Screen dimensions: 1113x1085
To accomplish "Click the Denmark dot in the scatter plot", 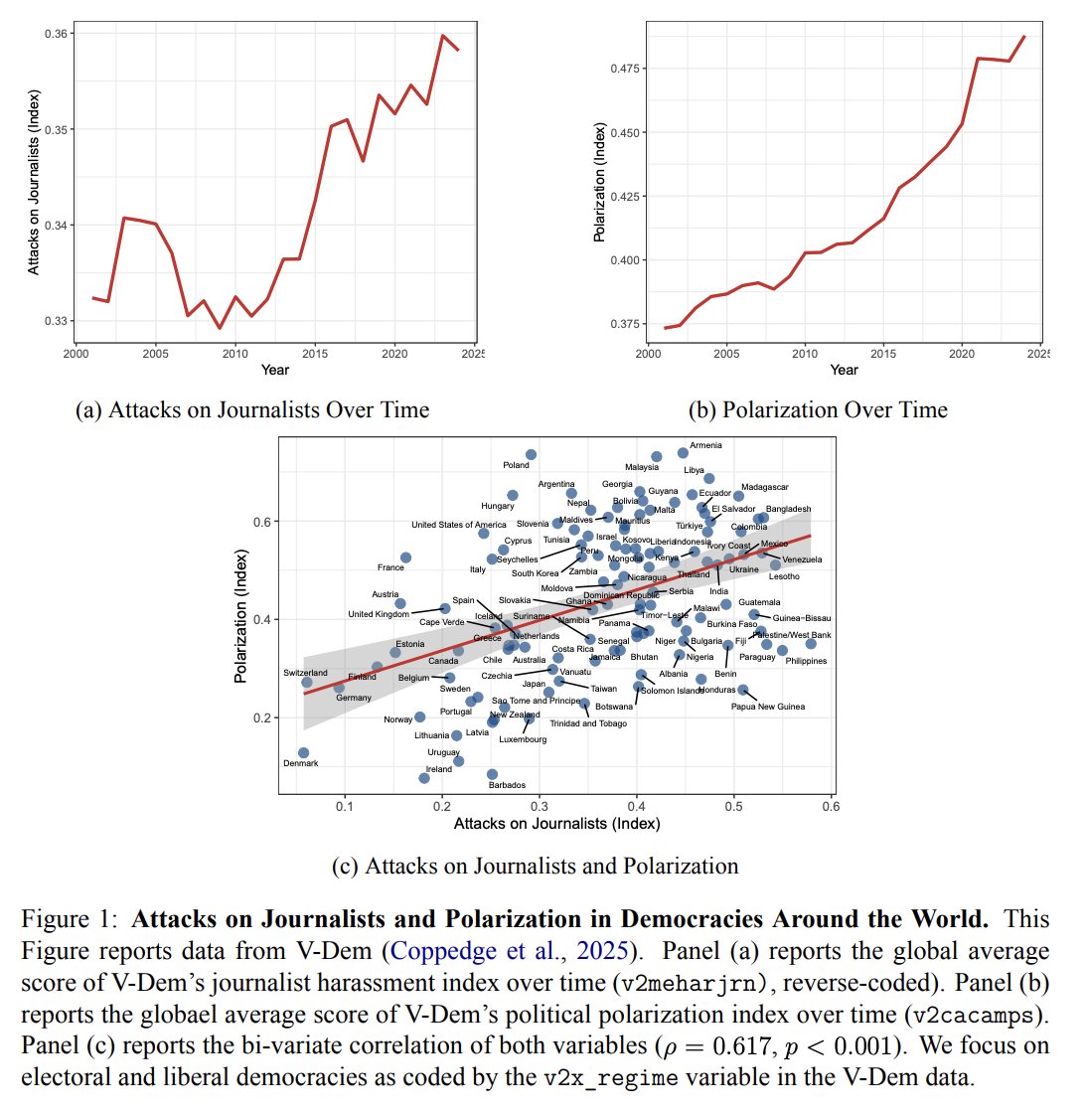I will coord(304,753).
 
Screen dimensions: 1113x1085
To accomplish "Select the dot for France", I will coord(405,557).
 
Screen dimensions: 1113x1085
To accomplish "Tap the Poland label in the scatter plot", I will coord(517,465).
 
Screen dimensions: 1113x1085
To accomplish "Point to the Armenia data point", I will coord(683,453).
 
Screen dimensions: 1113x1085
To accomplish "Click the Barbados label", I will coord(507,785).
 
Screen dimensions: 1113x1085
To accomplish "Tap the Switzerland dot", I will coord(307,682).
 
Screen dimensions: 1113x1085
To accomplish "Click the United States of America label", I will coord(459,525).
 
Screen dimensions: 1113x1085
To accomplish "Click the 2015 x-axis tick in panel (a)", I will coord(315,354).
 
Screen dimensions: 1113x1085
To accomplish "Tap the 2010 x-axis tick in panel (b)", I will coord(805,354).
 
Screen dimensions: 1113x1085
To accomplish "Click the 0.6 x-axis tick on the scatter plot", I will coord(831,807).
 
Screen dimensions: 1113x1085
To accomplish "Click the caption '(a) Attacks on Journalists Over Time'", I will coord(252,409).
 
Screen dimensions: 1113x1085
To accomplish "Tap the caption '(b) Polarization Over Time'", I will coord(818,409).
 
